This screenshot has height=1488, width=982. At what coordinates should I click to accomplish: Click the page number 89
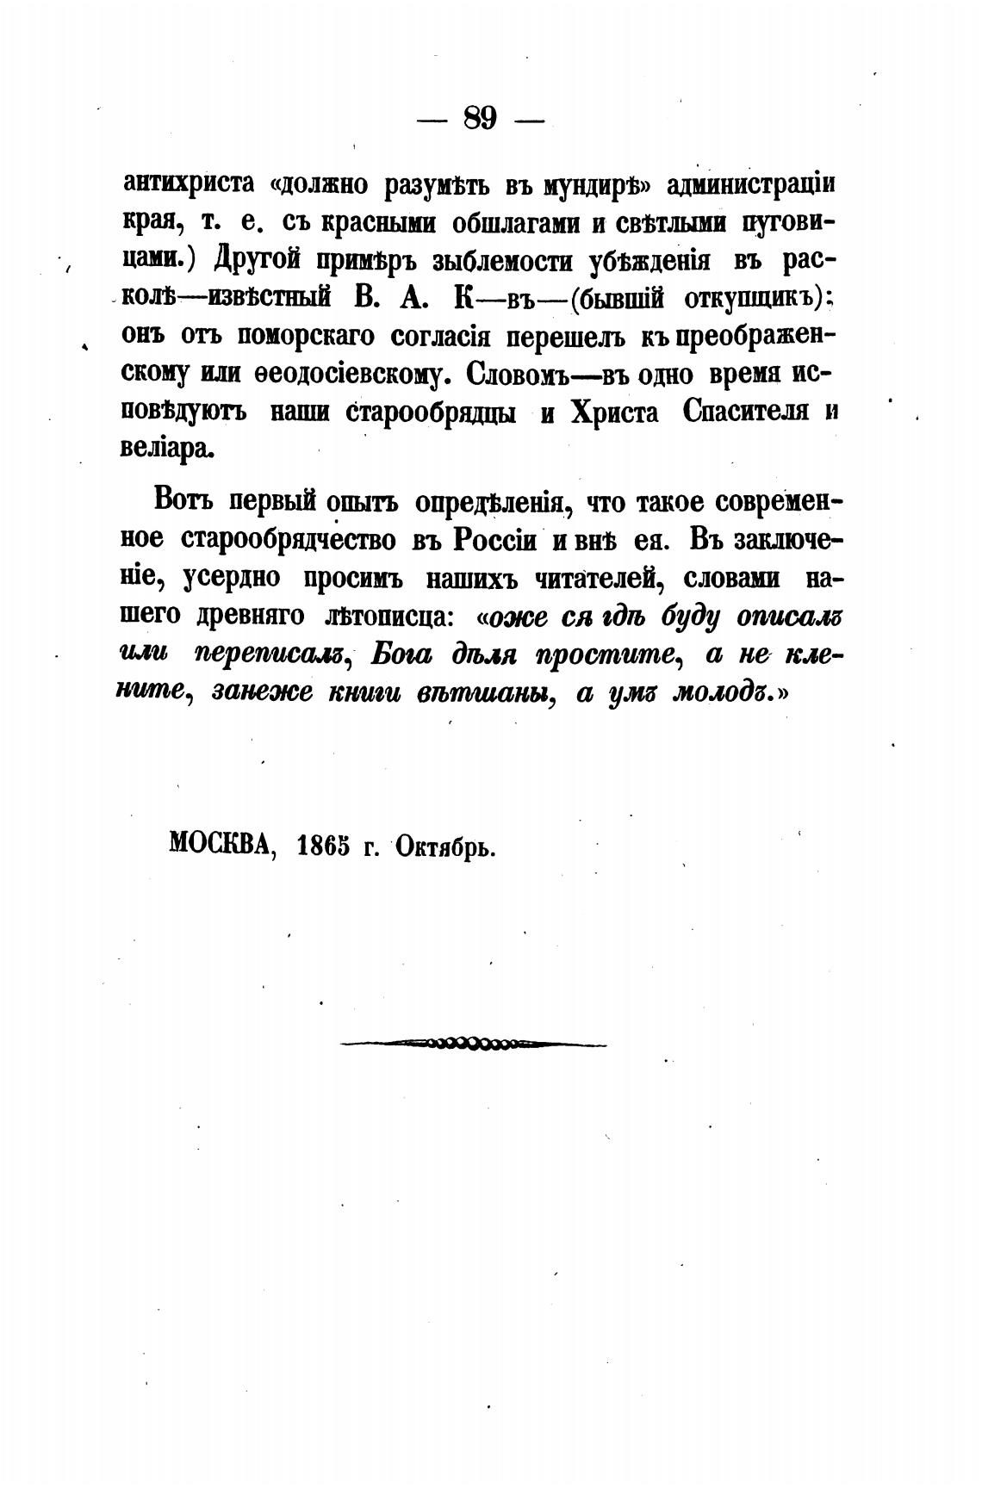480,117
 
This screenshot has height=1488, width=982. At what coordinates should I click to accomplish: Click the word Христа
612,412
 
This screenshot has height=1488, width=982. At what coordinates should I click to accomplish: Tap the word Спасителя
746,412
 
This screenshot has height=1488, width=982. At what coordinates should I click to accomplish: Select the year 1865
323,846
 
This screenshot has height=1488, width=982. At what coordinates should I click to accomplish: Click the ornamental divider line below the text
473,1045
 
